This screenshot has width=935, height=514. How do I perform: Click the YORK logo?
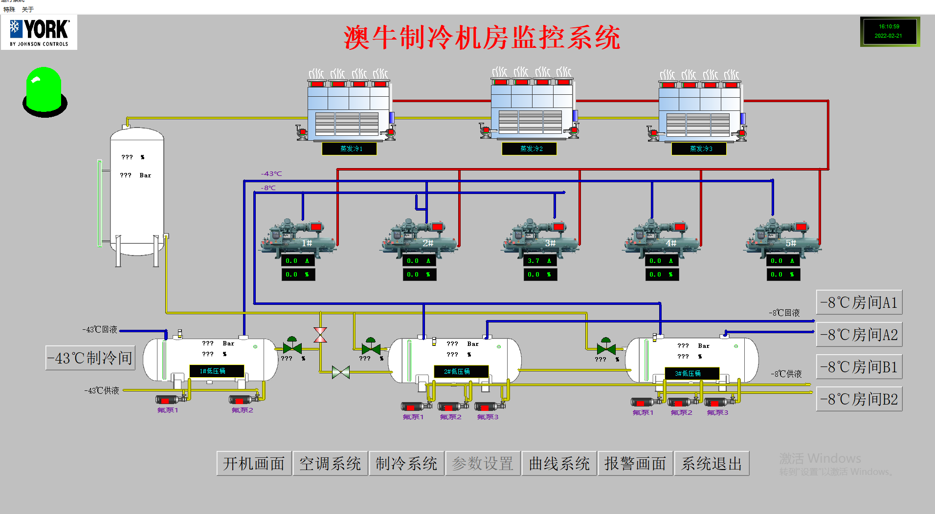tap(39, 32)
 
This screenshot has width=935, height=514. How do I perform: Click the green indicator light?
tap(45, 91)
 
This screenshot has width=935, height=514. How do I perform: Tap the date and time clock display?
tap(889, 31)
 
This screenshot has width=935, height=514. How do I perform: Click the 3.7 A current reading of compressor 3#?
tap(539, 261)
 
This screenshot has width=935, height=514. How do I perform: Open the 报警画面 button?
tap(635, 463)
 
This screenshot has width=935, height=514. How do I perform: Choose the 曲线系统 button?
tap(559, 463)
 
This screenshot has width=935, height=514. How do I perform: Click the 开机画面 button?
tap(254, 463)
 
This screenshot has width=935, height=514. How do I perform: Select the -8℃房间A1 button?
tap(859, 302)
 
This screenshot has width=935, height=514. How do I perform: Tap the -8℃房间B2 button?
tap(859, 399)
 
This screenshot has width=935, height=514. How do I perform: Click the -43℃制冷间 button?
tap(90, 358)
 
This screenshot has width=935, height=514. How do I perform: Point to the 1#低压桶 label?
tap(216, 371)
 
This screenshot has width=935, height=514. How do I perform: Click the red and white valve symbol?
tap(320, 335)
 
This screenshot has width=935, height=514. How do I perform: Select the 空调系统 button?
tap(330, 463)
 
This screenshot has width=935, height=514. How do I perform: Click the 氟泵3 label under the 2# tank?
tap(488, 417)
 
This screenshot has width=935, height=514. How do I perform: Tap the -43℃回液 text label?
tap(100, 330)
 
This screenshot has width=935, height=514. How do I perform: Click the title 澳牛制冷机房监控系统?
tap(482, 38)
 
